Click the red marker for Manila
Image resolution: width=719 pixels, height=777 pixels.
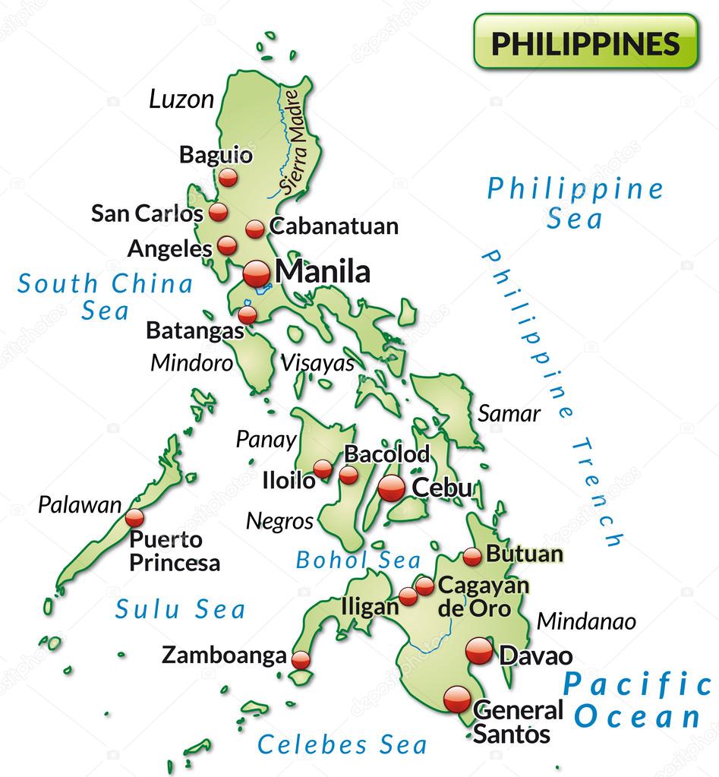(257, 273)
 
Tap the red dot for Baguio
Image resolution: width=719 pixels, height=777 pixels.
(228, 178)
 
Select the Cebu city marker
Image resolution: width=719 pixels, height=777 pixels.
(392, 488)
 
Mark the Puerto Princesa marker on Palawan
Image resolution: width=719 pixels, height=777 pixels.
(134, 518)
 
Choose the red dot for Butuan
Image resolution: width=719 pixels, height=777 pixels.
(472, 557)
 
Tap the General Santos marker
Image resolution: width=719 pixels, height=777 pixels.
(458, 699)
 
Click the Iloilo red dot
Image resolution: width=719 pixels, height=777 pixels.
(323, 469)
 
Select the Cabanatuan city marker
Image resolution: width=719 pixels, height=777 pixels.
(255, 228)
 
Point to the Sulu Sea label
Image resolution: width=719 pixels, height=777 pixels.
(181, 608)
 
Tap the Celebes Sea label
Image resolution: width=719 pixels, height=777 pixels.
(342, 744)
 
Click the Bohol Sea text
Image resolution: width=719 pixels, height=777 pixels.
(358, 561)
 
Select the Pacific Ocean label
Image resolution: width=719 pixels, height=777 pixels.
(637, 700)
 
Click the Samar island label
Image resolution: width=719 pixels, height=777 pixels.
(509, 414)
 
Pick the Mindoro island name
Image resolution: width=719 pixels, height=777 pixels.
(191, 362)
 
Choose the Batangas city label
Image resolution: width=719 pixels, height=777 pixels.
(196, 331)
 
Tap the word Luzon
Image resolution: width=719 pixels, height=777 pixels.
(181, 99)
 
